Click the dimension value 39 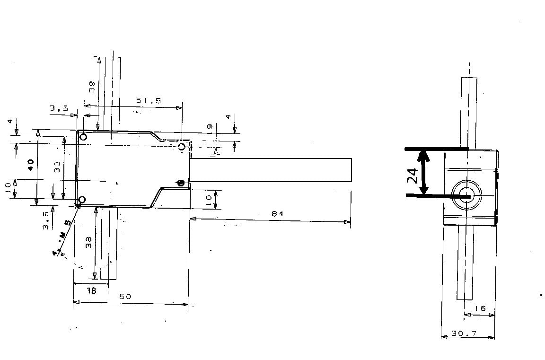point(92,86)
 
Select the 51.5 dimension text point(149,100)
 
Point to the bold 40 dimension point(30,165)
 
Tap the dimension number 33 point(57,167)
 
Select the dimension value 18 point(92,291)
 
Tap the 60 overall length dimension point(125,297)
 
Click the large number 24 point(413,176)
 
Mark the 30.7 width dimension point(464,334)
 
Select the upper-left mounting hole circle point(83,137)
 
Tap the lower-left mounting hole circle point(82,200)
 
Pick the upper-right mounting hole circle point(182,147)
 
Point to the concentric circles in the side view point(466,194)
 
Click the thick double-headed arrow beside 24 point(424,172)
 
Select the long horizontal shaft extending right point(271,170)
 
